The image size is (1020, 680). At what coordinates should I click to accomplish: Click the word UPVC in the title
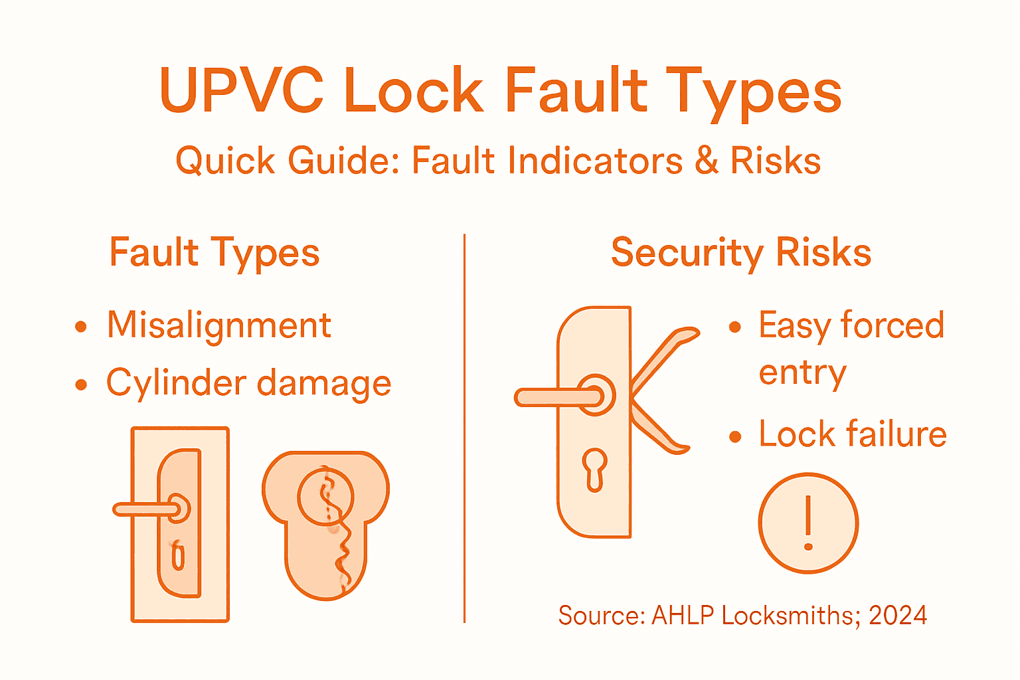(x=242, y=90)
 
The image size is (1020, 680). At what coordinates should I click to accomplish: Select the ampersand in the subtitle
(x=707, y=161)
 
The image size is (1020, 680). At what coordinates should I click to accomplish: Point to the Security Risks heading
(x=740, y=252)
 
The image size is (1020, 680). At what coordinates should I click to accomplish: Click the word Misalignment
(x=219, y=325)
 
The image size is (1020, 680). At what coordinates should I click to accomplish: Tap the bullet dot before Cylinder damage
(x=81, y=384)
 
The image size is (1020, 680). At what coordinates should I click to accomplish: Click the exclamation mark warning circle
(x=808, y=523)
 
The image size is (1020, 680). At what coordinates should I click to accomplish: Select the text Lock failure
(x=852, y=434)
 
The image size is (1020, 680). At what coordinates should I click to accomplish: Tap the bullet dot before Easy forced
(x=734, y=327)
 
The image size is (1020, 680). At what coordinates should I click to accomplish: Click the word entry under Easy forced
(x=802, y=373)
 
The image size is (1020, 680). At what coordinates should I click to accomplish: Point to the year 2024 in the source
(x=898, y=616)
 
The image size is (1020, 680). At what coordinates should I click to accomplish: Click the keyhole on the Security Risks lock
(x=595, y=469)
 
